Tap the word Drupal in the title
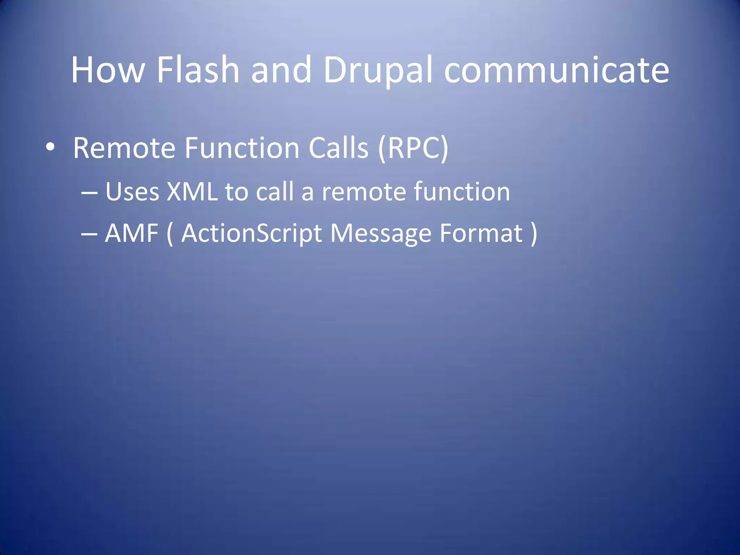(378, 70)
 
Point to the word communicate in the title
(556, 70)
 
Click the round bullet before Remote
(50, 147)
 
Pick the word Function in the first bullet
(242, 148)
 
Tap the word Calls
(338, 148)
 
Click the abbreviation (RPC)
(413, 148)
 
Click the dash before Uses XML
(89, 193)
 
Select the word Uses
(132, 192)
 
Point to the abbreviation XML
(192, 192)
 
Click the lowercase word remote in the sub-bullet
(363, 192)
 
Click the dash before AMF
(89, 234)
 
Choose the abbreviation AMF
(132, 233)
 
